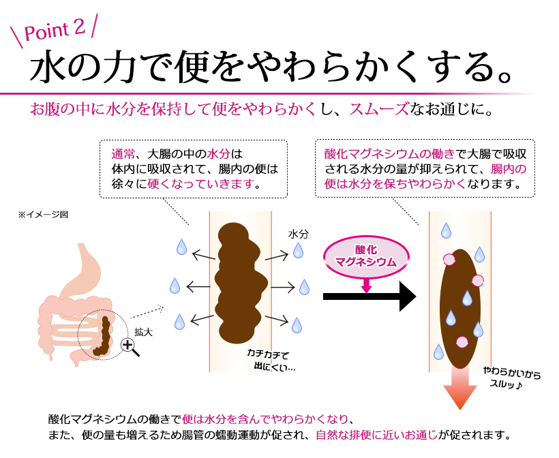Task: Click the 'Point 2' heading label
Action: tap(55, 30)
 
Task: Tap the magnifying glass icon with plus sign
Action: tap(130, 347)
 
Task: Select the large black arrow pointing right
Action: tap(369, 296)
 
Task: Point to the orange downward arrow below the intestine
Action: tap(460, 388)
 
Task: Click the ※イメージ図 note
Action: tap(43, 215)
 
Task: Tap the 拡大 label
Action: tap(143, 332)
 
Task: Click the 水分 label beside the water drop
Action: tap(298, 234)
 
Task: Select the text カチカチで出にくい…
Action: tap(271, 360)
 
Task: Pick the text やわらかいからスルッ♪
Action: tap(511, 378)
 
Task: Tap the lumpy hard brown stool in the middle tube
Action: tap(241, 283)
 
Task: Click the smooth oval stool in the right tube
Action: tap(460, 308)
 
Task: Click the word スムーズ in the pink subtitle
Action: tap(379, 109)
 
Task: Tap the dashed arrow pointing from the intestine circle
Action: tap(147, 312)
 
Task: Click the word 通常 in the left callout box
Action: tap(123, 154)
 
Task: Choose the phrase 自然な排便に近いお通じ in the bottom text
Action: tap(376, 436)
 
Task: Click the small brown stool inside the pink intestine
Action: tap(103, 337)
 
